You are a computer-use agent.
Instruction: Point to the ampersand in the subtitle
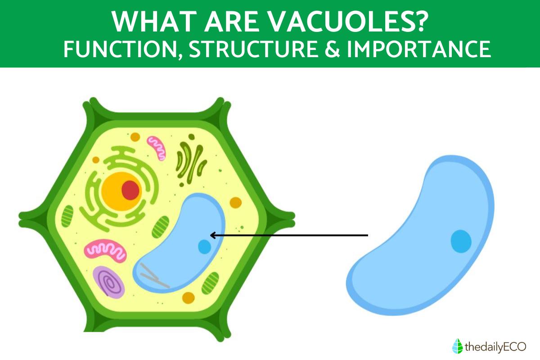[332, 49]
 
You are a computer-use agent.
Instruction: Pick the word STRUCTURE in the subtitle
[253, 49]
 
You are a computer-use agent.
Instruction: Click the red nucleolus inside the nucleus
[130, 190]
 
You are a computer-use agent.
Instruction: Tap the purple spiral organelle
[109, 282]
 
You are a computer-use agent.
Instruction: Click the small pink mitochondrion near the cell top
[157, 148]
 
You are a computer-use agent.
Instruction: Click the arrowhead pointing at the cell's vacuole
[212, 235]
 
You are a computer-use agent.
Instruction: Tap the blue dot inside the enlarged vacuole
[461, 241]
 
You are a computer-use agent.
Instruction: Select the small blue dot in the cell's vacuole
[204, 247]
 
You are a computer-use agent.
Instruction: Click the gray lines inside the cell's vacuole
[155, 276]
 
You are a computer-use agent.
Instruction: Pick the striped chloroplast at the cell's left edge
[67, 216]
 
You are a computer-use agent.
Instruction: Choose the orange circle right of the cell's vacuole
[235, 202]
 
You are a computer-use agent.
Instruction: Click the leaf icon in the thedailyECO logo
[457, 346]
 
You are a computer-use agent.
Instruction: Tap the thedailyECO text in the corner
[495, 347]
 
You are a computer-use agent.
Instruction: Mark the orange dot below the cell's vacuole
[188, 298]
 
